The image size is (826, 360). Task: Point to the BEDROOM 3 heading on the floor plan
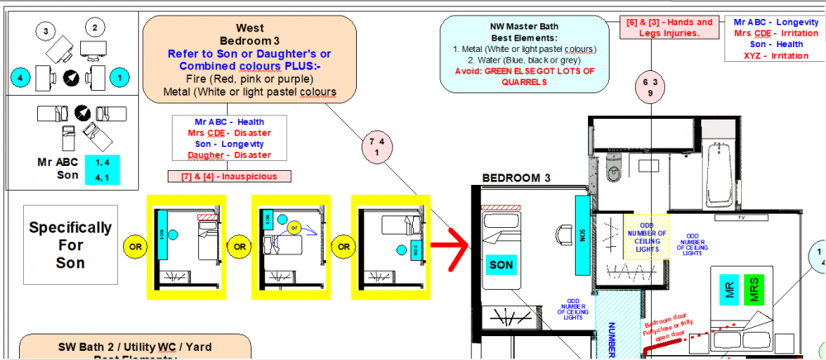[516, 178]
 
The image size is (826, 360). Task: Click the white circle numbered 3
[47, 31]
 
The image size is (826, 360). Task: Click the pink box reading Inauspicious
[229, 176]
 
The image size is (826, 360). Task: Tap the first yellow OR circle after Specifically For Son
[134, 246]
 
